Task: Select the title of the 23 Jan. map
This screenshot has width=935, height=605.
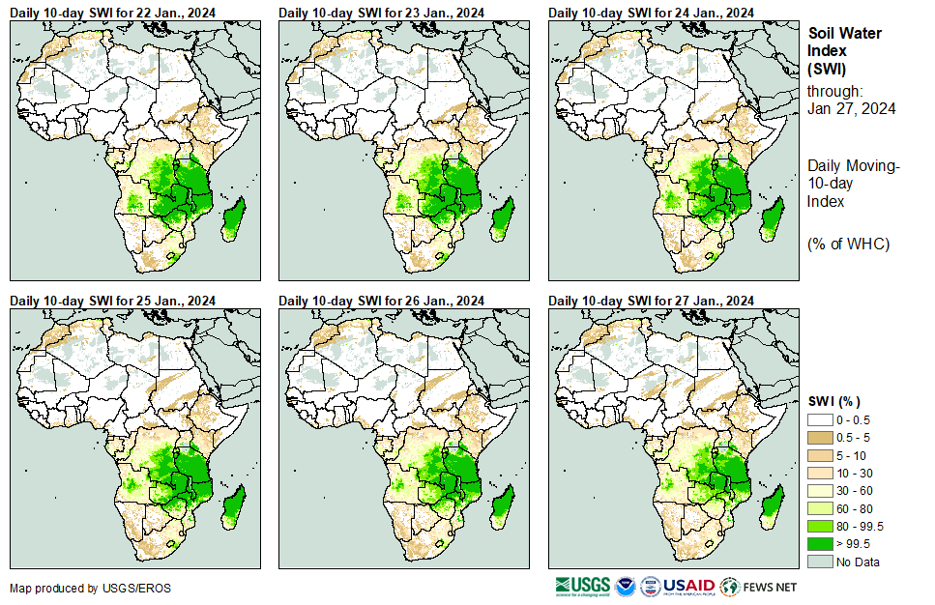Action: (x=381, y=13)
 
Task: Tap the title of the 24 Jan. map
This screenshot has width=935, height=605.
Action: (x=651, y=13)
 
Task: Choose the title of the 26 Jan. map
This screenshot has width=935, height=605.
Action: (x=381, y=302)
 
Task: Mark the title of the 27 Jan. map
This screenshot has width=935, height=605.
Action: (x=651, y=302)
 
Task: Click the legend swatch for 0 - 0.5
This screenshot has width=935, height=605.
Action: (x=820, y=420)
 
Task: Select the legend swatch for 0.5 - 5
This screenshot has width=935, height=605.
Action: (x=820, y=438)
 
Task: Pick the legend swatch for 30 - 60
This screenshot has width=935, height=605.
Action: (x=820, y=491)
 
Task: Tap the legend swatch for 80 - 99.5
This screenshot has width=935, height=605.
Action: (x=820, y=527)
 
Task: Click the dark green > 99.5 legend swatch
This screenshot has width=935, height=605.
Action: (x=820, y=544)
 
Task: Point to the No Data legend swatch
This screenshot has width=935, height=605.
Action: (x=820, y=562)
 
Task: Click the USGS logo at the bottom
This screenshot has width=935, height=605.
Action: (x=583, y=586)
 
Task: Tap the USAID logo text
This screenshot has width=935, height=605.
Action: (x=688, y=586)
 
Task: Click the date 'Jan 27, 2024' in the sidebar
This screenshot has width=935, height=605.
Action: (x=851, y=108)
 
